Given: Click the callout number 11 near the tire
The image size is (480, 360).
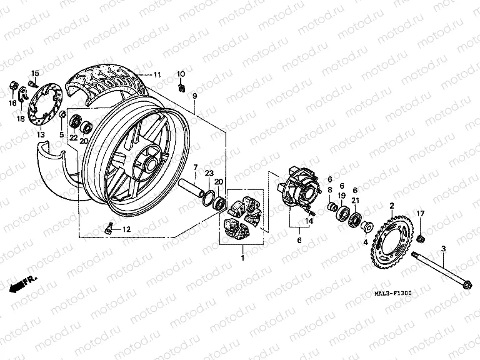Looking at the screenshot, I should coord(157,74).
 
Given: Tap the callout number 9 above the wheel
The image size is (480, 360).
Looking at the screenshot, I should coord(194,96).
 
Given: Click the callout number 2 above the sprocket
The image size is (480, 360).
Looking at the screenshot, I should coord(392,206).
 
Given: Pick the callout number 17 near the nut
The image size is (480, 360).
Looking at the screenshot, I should coord(420,214).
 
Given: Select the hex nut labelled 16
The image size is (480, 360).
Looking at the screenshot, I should coord(13,84).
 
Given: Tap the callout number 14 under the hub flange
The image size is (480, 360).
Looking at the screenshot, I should coord(308,219).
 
